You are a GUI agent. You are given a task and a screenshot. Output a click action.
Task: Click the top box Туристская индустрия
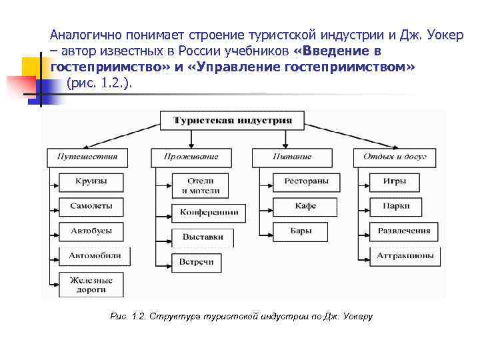click(233, 121)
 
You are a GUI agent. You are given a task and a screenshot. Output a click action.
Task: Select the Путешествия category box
click(83, 157)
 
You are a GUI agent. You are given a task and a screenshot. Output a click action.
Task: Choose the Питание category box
click(292, 157)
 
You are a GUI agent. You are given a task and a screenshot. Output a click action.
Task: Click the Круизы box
click(91, 181)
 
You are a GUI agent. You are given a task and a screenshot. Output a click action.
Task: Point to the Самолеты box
click(91, 206)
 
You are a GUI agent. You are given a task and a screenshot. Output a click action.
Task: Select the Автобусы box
click(91, 231)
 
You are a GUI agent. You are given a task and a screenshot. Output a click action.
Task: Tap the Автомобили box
click(95, 255)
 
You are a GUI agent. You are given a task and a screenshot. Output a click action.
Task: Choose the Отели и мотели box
click(200, 185)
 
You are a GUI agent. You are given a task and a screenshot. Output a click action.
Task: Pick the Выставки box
click(202, 237)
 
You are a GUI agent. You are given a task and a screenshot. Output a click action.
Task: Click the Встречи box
click(196, 262)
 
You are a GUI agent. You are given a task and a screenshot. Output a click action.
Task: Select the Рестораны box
click(306, 181)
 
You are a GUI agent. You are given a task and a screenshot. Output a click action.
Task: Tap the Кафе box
click(306, 206)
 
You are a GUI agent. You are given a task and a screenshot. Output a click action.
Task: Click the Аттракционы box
click(405, 255)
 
